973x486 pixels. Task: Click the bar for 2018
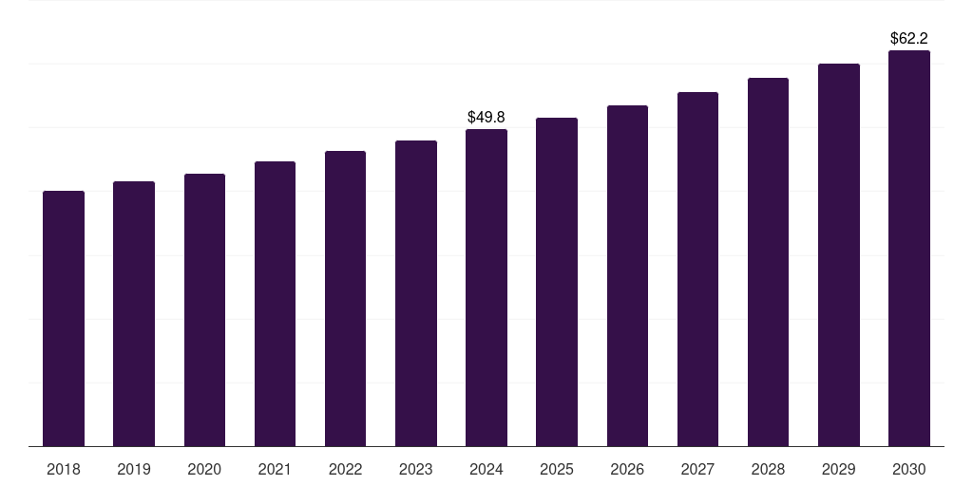point(64,318)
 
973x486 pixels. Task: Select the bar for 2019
point(134,313)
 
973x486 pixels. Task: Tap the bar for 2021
point(275,304)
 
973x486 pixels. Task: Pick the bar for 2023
point(416,293)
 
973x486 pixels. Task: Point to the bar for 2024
point(486,288)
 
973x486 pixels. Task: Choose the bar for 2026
point(627,275)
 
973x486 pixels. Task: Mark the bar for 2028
point(768,262)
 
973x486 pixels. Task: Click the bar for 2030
point(909,248)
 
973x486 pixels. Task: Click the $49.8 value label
point(486,117)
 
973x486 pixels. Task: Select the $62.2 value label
point(909,39)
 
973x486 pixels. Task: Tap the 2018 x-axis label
point(64,469)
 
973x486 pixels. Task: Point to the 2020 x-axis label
point(204,469)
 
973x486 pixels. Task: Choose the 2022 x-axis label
point(346,469)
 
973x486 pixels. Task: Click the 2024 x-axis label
point(486,469)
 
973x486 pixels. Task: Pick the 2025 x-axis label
point(557,469)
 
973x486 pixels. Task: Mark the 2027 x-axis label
point(697,469)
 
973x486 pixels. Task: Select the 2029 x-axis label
point(839,469)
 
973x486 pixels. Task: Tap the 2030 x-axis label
point(909,469)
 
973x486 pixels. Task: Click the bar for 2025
point(557,282)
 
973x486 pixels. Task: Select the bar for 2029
point(839,254)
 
